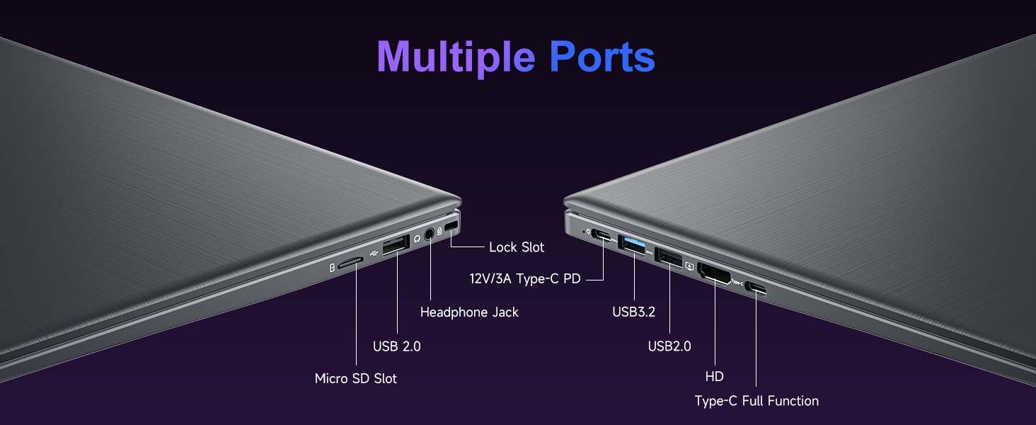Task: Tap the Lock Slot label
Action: pyautogui.click(x=517, y=247)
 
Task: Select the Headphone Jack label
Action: pyautogui.click(x=469, y=312)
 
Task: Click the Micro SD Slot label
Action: pyautogui.click(x=355, y=379)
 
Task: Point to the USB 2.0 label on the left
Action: pyautogui.click(x=396, y=346)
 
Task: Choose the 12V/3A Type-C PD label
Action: pyautogui.click(x=525, y=279)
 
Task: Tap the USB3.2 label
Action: pyautogui.click(x=634, y=311)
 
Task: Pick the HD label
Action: pyautogui.click(x=715, y=377)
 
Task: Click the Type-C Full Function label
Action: pyautogui.click(x=756, y=401)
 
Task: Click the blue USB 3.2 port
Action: pyautogui.click(x=633, y=243)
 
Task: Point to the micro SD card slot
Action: pyautogui.click(x=350, y=262)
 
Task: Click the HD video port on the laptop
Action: pyautogui.click(x=714, y=273)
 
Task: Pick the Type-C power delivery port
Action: pyautogui.click(x=604, y=235)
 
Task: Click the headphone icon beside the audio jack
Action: pyautogui.click(x=417, y=239)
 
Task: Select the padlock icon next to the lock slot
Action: pyautogui.click(x=440, y=231)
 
